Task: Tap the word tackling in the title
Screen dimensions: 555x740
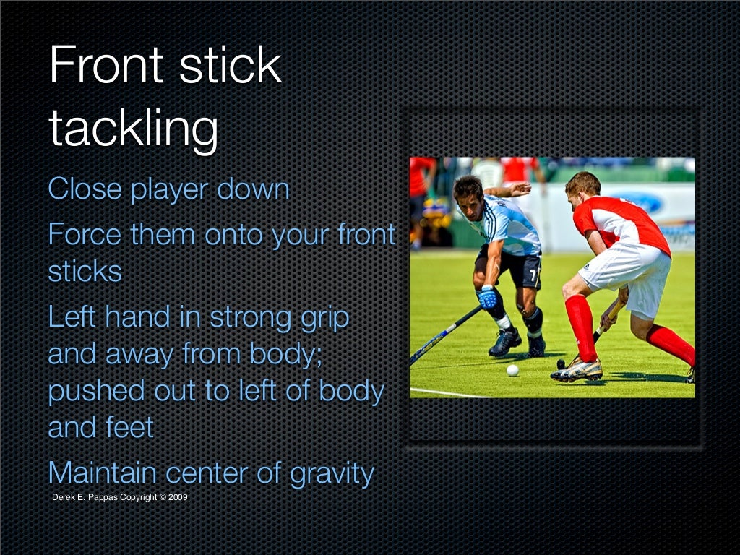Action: point(133,128)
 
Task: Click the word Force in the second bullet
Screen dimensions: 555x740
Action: point(84,235)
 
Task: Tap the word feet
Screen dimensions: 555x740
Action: point(130,427)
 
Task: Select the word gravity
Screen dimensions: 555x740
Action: point(331,473)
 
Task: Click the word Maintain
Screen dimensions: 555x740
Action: point(102,473)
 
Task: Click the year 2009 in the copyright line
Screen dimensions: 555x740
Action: point(178,497)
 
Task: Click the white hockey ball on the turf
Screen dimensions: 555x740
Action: point(512,370)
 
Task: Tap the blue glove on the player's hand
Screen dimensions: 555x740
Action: point(489,297)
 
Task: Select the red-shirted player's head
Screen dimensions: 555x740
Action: point(582,186)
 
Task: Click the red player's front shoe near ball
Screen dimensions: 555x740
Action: point(577,371)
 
